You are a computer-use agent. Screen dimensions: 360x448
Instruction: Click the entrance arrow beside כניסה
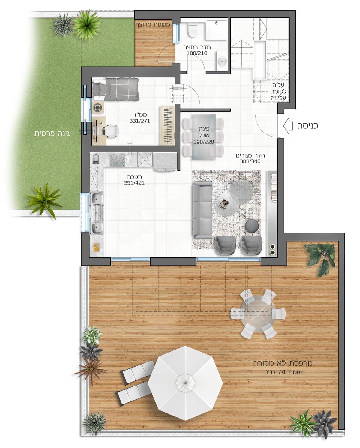[x=288, y=126]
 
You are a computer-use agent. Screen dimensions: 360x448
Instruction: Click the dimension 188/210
[x=197, y=53]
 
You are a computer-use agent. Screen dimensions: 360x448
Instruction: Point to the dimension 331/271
[x=140, y=121]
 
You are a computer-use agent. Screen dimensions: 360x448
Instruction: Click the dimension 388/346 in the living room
[x=250, y=161]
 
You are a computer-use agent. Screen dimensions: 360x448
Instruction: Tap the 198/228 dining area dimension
[x=204, y=142]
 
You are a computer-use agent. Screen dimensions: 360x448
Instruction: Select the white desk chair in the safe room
[x=112, y=130]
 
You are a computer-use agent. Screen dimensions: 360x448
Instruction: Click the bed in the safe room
[x=115, y=89]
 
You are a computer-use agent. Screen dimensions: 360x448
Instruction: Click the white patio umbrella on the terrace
[x=185, y=383]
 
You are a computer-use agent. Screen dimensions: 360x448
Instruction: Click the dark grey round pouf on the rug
[x=252, y=226]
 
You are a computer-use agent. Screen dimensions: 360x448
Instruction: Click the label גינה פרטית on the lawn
[x=52, y=134]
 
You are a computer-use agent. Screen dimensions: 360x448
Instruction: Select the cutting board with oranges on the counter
[x=96, y=247]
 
